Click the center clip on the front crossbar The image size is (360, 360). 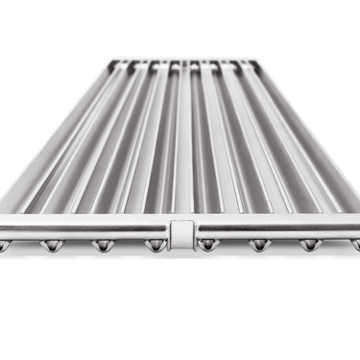[x=179, y=233]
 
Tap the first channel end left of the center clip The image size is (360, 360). [x=153, y=246]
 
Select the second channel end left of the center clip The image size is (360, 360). [x=101, y=246]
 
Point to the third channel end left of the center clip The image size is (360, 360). [x=50, y=246]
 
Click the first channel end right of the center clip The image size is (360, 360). [x=205, y=246]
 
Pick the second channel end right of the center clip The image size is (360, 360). [x=257, y=246]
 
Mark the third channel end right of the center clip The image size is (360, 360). [x=308, y=246]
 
